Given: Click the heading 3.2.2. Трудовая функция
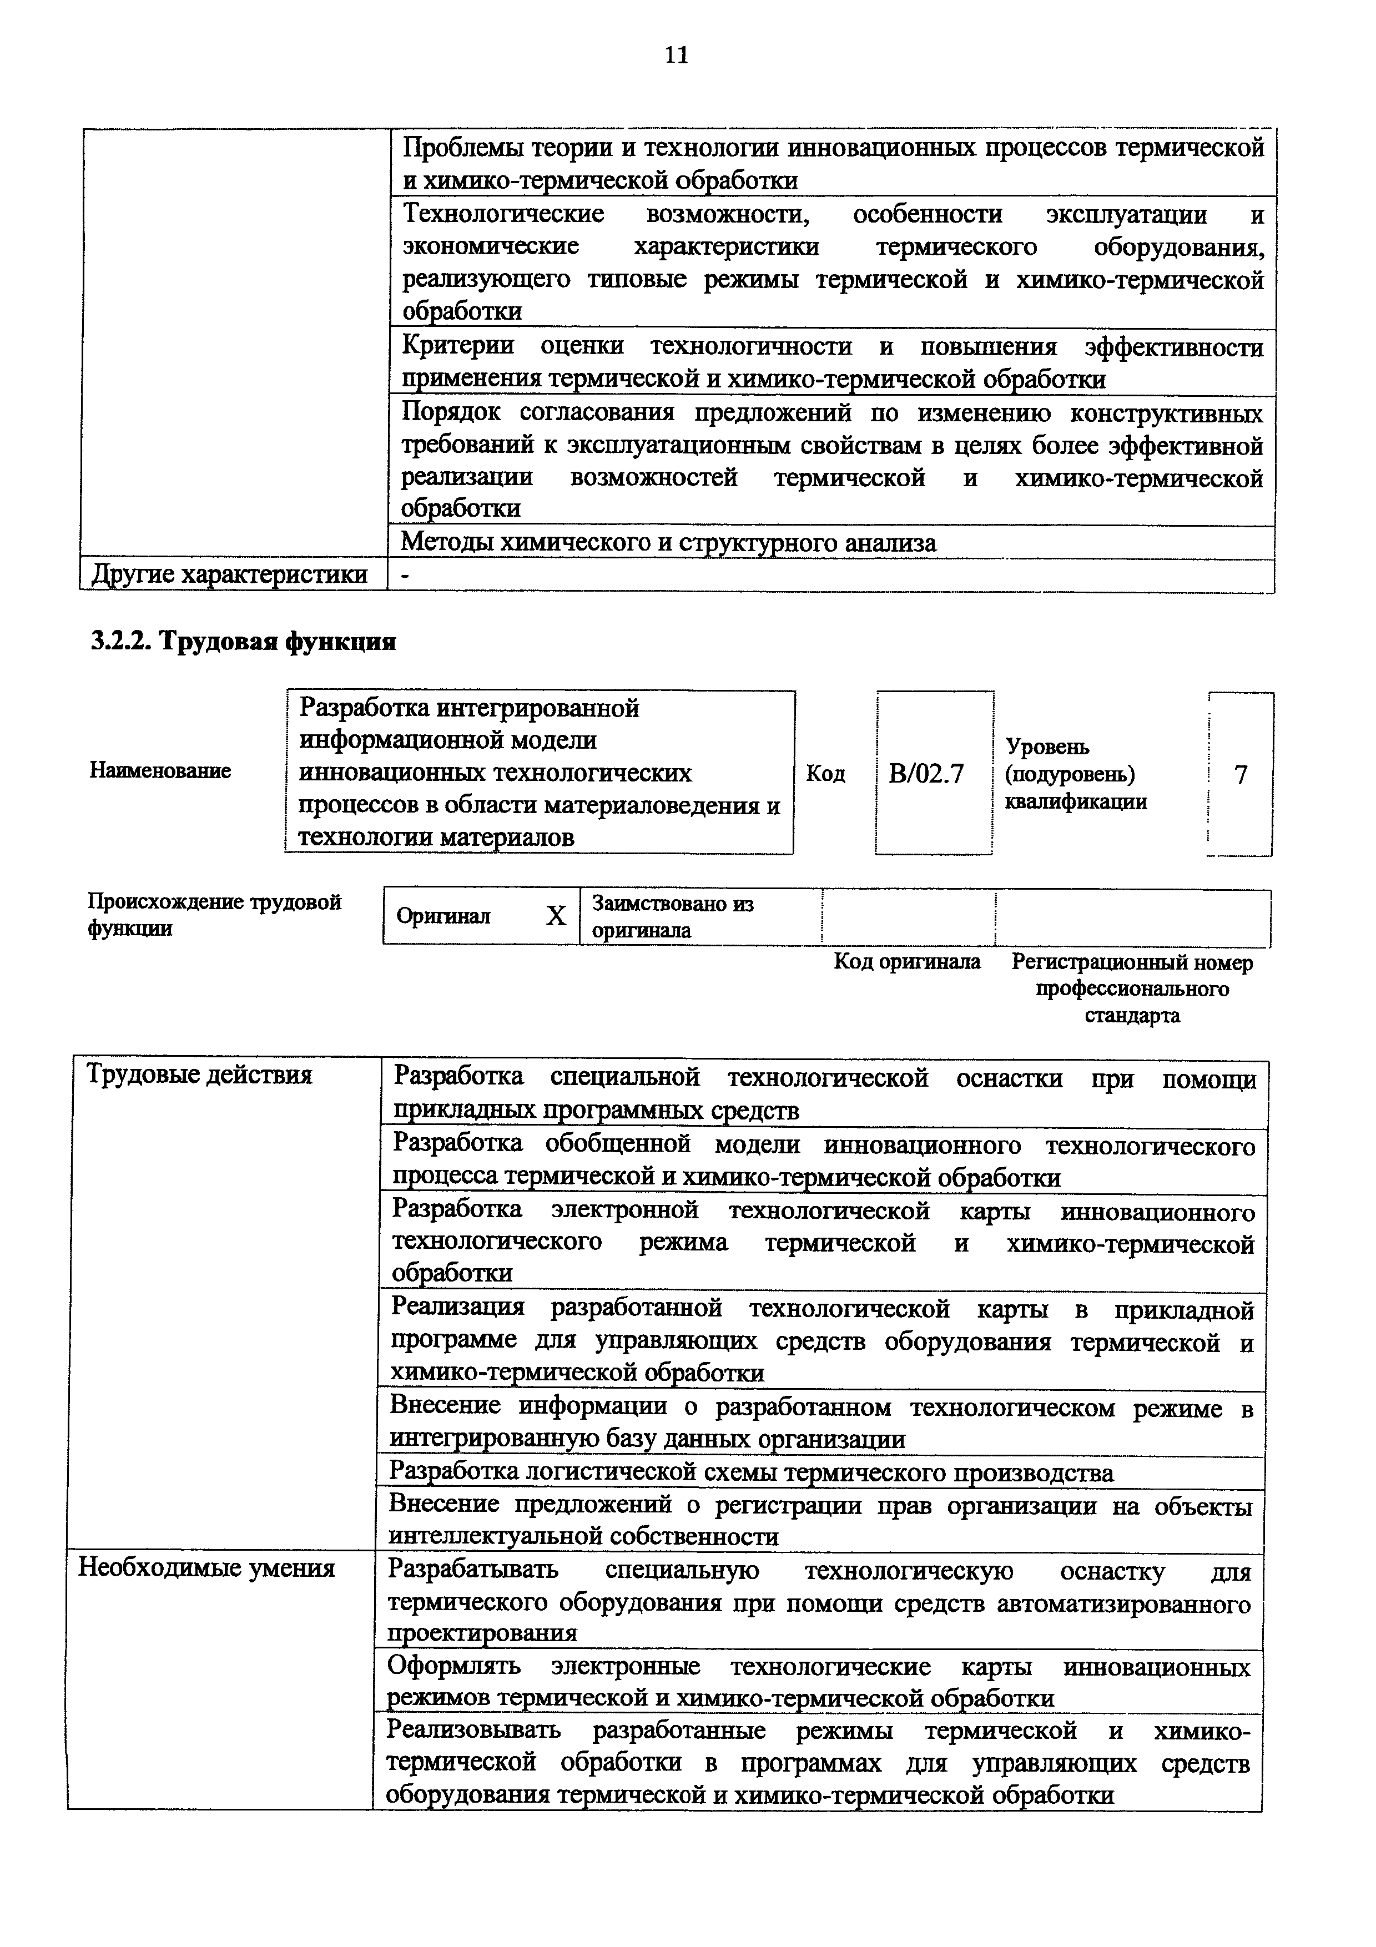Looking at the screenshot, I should click(x=243, y=642).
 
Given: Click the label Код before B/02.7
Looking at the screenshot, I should click(x=825, y=773).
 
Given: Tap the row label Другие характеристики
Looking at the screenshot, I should click(x=229, y=575).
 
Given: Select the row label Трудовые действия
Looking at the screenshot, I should click(x=199, y=1075).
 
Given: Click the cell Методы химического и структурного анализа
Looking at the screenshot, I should click(x=668, y=543).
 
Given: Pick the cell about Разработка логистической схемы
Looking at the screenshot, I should click(x=750, y=1473).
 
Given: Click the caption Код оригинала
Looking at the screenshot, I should click(x=907, y=962).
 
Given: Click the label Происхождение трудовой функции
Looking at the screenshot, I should click(x=214, y=914).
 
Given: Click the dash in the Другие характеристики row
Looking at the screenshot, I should click(x=405, y=576).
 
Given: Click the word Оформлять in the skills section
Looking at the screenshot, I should click(x=453, y=1667).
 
